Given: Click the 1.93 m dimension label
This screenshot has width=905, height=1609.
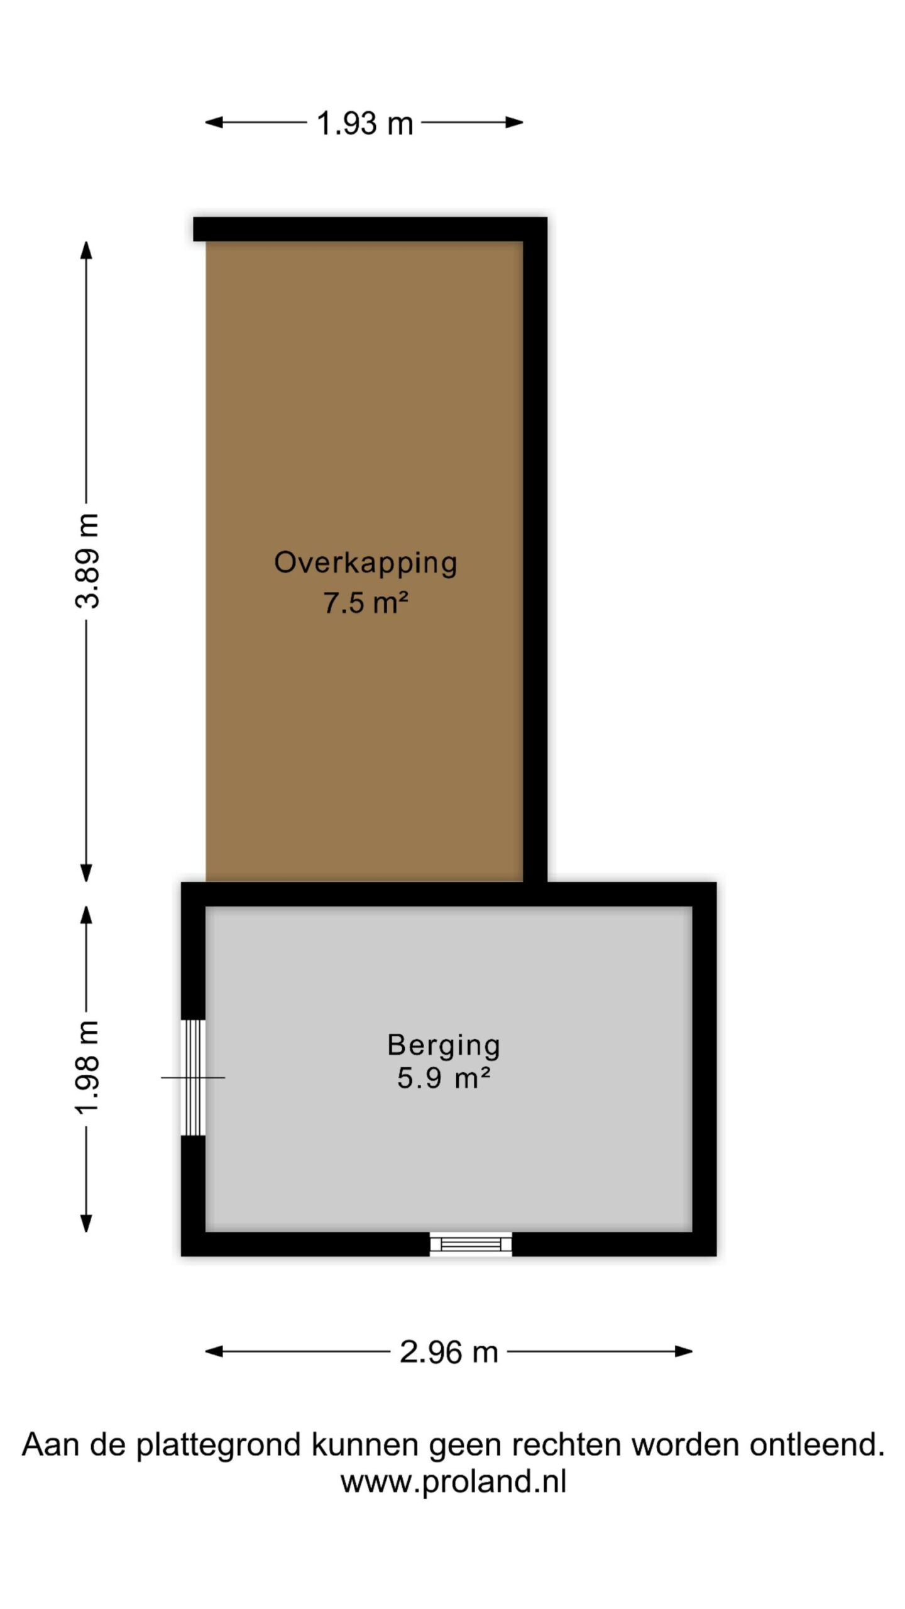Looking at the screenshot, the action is (365, 123).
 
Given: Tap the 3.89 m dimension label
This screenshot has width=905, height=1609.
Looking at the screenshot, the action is (87, 561).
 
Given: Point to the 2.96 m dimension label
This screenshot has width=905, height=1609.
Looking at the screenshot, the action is (449, 1351).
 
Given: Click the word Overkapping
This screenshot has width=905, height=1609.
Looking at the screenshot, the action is (365, 563).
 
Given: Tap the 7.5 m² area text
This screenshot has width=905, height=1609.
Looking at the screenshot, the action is (366, 603).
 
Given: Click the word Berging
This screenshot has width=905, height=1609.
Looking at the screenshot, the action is (444, 1046).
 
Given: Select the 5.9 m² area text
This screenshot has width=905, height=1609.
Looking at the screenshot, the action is (444, 1079).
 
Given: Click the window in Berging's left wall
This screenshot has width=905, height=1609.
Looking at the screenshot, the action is (193, 1077).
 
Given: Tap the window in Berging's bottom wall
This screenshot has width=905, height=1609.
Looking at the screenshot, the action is (471, 1244).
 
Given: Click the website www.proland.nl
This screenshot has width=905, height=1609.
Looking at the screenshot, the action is (453, 1481).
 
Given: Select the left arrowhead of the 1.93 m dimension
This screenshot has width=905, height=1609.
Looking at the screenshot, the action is (214, 123).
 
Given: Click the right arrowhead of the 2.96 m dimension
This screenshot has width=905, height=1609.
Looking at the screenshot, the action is (684, 1351).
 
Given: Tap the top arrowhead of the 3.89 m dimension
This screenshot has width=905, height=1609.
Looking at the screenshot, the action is (87, 250).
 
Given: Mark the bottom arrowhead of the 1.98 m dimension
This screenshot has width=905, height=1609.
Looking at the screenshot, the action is (87, 1223).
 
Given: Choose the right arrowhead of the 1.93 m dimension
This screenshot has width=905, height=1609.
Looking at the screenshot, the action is (515, 123).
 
